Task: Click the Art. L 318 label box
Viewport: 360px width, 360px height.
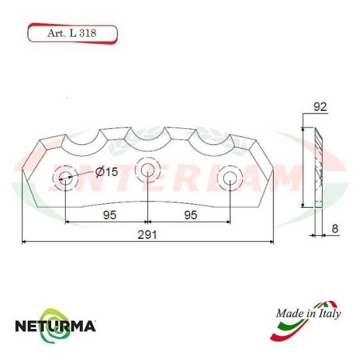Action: pos(72,34)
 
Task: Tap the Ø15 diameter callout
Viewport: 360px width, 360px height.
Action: pos(107,172)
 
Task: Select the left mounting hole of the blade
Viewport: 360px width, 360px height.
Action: pos(64,177)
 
